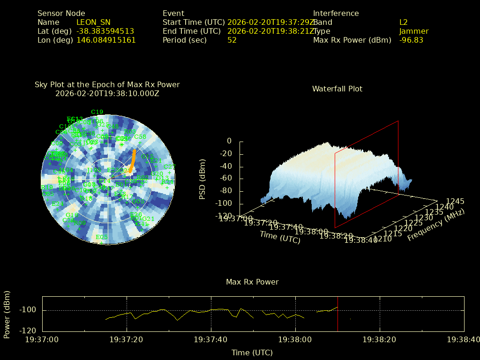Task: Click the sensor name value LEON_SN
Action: coord(93,22)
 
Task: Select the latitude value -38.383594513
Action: coord(105,31)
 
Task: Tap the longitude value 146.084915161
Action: coord(106,40)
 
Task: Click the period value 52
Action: coord(232,40)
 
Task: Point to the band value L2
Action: coord(403,22)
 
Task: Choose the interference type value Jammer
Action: coord(413,31)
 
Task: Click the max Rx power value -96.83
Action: coord(411,40)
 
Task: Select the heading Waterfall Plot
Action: coord(337,89)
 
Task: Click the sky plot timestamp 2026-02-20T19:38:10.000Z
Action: coord(107,93)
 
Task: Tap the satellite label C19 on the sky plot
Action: coord(97,112)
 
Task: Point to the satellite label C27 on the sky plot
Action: coord(169,167)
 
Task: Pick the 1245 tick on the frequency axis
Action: coord(455,201)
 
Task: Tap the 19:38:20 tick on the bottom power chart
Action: coord(380,339)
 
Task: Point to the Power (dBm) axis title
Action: coord(7,313)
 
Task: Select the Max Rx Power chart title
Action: coord(252,282)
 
